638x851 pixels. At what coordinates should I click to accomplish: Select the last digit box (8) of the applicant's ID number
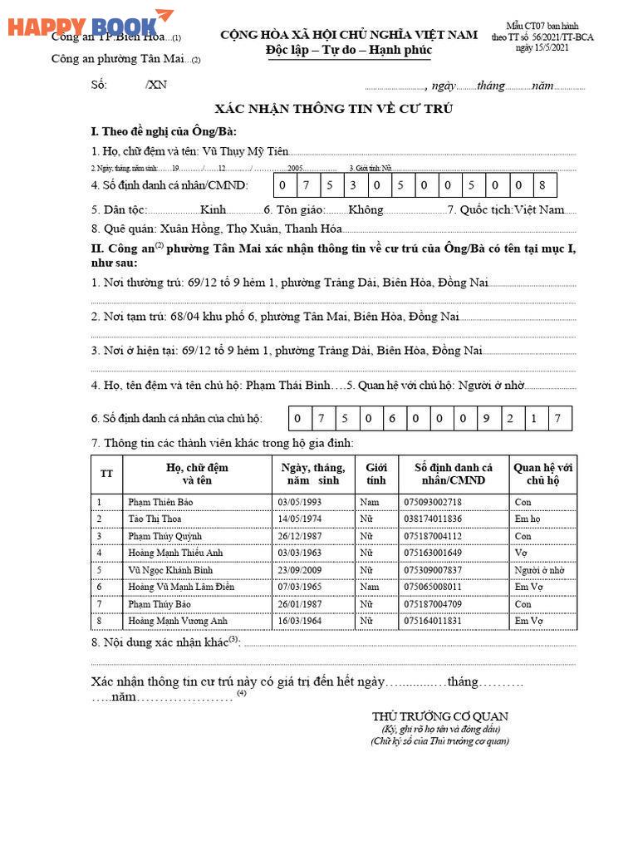pyautogui.click(x=542, y=185)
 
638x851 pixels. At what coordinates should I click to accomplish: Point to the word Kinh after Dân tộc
pyautogui.click(x=213, y=210)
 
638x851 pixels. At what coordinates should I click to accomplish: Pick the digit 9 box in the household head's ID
pyautogui.click(x=486, y=418)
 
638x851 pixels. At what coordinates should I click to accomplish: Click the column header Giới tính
pyautogui.click(x=376, y=474)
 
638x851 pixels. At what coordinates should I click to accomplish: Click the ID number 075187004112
pyautogui.click(x=432, y=536)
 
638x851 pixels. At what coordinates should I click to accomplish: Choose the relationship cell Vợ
pyautogui.click(x=522, y=553)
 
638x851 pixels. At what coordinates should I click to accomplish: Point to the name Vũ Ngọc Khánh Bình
pyautogui.click(x=170, y=570)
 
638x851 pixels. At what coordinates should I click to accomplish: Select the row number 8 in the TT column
pyautogui.click(x=99, y=621)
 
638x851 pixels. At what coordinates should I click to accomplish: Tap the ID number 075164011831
pyautogui.click(x=432, y=621)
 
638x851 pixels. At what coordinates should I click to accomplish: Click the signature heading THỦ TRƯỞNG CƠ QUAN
pyautogui.click(x=439, y=716)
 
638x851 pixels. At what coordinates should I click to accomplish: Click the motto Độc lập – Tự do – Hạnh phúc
pyautogui.click(x=349, y=51)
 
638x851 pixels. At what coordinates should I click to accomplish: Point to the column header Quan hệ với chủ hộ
pyautogui.click(x=542, y=474)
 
